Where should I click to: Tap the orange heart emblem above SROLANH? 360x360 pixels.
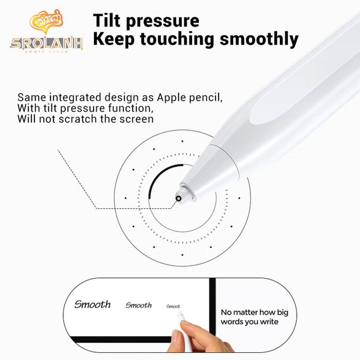46,22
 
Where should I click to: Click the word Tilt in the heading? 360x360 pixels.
107,21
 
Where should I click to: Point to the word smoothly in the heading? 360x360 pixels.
259,39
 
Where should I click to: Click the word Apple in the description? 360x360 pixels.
171,98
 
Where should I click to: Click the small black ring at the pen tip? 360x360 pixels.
178,199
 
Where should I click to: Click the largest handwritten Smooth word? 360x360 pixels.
92,304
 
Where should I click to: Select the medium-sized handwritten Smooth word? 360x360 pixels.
139,305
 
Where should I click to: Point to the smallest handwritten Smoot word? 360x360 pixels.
173,306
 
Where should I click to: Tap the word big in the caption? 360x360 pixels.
283,313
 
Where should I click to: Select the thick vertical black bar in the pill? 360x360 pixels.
212,307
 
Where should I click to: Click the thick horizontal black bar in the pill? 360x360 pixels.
121,339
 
